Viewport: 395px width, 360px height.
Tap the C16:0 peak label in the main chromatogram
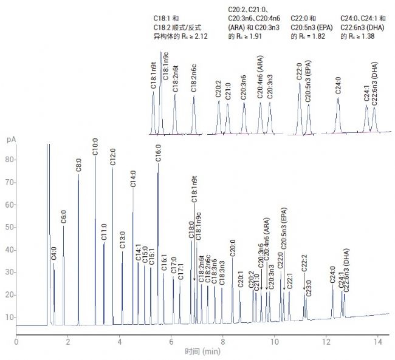coord(159,152)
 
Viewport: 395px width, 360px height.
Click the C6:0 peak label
coord(64,216)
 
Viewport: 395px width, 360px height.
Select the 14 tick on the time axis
coord(378,341)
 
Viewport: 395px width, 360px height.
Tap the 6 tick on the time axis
coord(171,341)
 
